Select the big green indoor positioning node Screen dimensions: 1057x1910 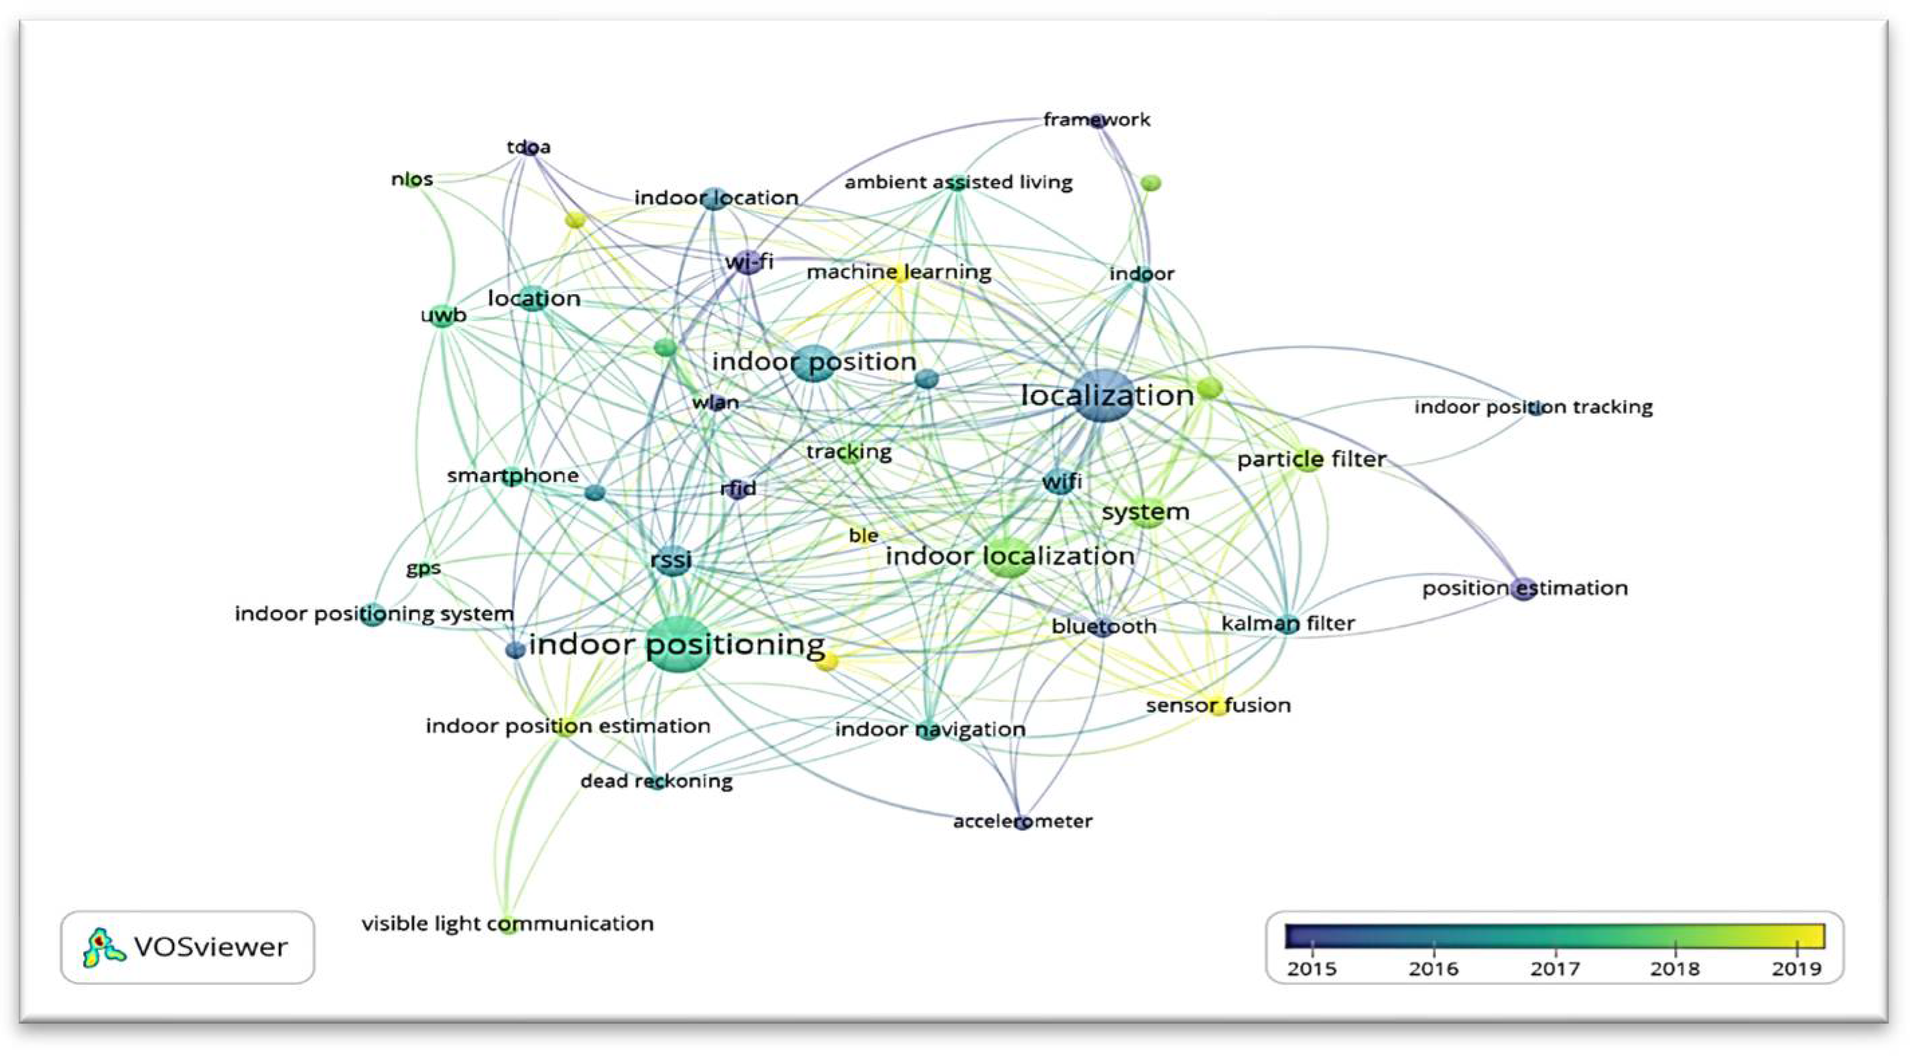click(x=678, y=644)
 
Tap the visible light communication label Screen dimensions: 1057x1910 click(x=507, y=924)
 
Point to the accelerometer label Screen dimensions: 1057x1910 click(x=1022, y=821)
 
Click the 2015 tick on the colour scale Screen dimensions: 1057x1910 click(x=1312, y=948)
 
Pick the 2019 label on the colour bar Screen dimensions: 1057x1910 click(x=1796, y=969)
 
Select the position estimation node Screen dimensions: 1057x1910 click(x=1524, y=588)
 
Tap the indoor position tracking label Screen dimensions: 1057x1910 click(x=1533, y=408)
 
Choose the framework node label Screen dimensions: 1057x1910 click(x=1096, y=119)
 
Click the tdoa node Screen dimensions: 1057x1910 click(x=529, y=148)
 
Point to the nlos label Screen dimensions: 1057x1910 click(x=411, y=180)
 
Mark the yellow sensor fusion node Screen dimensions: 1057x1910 click(x=1218, y=705)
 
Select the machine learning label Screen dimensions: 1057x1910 click(x=899, y=272)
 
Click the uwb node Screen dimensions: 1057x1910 click(x=443, y=316)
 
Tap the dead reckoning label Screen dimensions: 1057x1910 click(x=656, y=781)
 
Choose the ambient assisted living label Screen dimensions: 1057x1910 click(x=958, y=182)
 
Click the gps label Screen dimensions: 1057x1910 click(x=423, y=569)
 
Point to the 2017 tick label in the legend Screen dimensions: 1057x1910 click(x=1555, y=969)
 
